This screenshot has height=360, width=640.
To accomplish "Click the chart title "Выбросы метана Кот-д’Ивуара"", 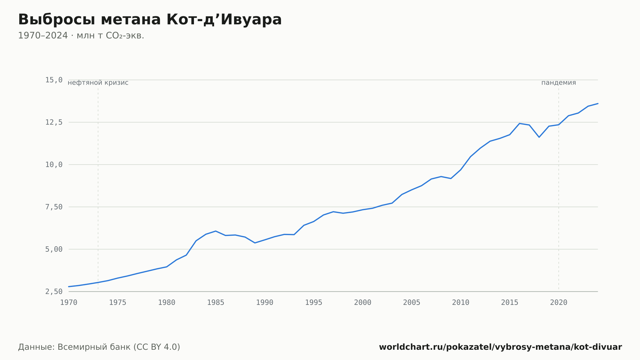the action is coord(150,20).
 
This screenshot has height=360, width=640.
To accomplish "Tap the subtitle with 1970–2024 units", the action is coord(81,36).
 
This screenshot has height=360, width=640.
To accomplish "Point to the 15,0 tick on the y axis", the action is coord(54,80).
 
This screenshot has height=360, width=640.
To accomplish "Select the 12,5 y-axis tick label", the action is coord(54,122).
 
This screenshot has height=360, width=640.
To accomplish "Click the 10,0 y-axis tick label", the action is coord(54,165).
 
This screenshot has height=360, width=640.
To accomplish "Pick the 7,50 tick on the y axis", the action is coord(54,207).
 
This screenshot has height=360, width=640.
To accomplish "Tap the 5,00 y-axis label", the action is coord(54,249).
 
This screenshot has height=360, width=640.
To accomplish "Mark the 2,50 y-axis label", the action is coord(54,291).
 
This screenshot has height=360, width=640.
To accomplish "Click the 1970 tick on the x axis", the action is coord(69,303).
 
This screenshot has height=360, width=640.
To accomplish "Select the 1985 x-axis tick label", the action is coord(216,303).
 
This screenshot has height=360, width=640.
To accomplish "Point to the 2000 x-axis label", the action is coord(363,303).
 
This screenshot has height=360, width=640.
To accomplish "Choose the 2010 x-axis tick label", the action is coord(460,303).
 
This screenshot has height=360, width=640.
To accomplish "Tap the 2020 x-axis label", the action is coord(559,303).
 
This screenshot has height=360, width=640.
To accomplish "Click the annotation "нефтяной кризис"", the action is coord(98,83).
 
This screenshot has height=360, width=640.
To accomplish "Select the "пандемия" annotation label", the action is coord(559,83).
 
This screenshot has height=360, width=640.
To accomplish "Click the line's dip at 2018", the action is coord(539,137).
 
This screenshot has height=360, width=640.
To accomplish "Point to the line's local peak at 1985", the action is coord(216,231).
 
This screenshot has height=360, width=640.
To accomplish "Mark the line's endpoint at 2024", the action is coord(598,103).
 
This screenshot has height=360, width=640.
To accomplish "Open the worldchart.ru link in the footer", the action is coord(500,347).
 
